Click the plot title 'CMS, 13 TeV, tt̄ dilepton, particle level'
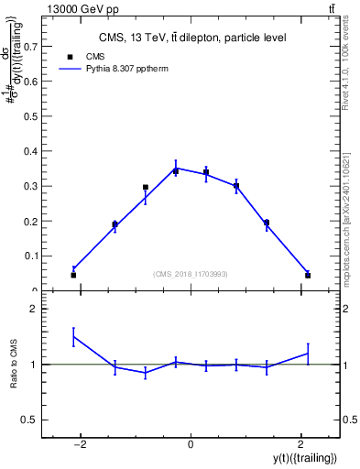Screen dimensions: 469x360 tap(191, 38)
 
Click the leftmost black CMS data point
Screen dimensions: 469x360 tap(73, 275)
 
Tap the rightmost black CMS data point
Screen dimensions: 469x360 tap(308, 275)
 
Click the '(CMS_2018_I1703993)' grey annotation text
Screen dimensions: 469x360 tap(190, 274)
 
